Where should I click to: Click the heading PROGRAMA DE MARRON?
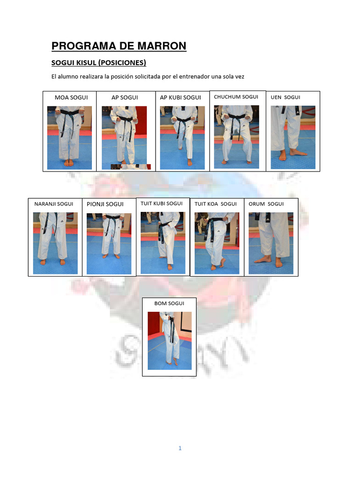(x=119, y=46)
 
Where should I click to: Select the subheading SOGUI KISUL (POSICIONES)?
(x=98, y=63)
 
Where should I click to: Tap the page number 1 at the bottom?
(x=180, y=448)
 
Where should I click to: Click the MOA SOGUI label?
(x=71, y=97)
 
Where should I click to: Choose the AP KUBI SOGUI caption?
(x=180, y=97)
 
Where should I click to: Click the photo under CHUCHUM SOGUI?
(x=236, y=137)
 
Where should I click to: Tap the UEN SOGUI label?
(x=285, y=97)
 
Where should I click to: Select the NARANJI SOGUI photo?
(x=55, y=243)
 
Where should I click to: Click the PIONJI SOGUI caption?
(x=105, y=204)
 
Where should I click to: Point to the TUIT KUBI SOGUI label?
(x=161, y=203)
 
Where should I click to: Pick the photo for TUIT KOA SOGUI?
(x=217, y=243)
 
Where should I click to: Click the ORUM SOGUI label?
(x=266, y=204)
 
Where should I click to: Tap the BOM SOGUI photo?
(x=170, y=341)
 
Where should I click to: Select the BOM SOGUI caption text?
(x=169, y=303)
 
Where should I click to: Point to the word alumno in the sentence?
(x=68, y=76)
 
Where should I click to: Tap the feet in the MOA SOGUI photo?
(x=69, y=163)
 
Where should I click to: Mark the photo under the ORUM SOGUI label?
(x=271, y=243)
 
